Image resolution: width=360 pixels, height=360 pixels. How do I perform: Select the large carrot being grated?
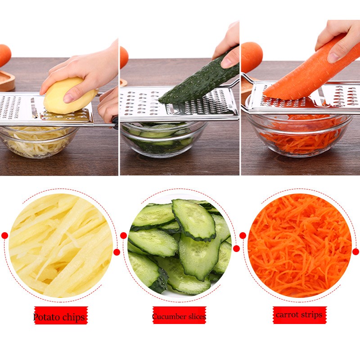coord(310,70)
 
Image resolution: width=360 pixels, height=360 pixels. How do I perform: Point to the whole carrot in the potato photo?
coord(4,55)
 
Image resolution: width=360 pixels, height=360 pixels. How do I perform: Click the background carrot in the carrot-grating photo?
coord(251,56)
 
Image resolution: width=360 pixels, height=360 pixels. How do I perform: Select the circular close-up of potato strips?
coord(61,245)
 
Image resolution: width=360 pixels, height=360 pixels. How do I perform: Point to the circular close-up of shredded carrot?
coord(299,245)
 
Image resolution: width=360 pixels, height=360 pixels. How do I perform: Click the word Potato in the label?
coord(47,317)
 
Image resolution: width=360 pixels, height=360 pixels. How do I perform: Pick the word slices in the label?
coord(196,317)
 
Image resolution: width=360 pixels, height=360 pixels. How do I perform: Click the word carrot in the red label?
coord(288,315)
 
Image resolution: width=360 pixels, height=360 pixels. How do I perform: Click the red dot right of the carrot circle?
coord(355,252)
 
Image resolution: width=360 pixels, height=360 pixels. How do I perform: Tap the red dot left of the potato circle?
coord(4,235)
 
